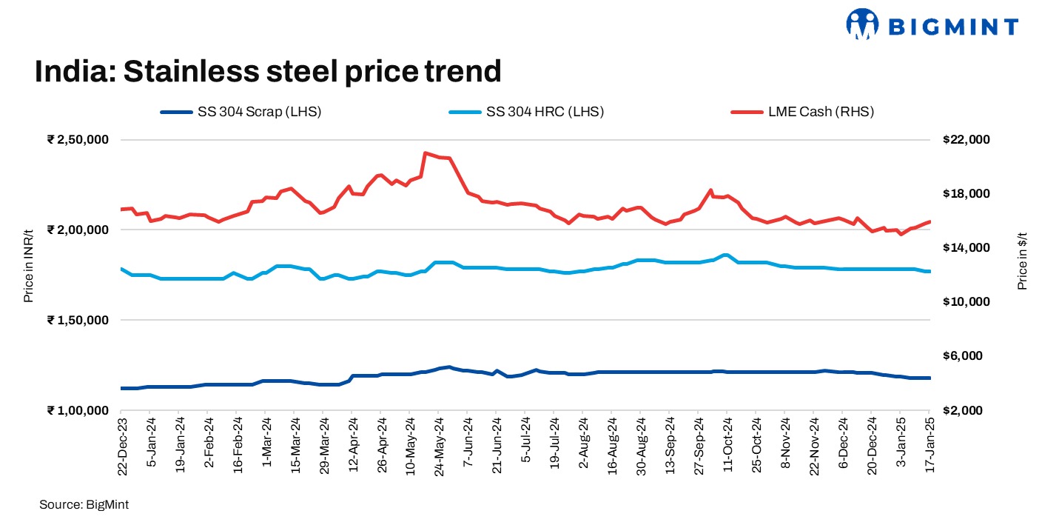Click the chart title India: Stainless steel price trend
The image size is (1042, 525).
click(268, 72)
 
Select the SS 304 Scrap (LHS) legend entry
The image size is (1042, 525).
click(241, 112)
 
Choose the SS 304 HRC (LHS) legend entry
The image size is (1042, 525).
click(526, 112)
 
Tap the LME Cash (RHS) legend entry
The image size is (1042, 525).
click(803, 112)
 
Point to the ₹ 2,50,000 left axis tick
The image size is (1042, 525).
click(78, 140)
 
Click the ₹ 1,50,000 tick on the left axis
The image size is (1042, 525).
click(78, 320)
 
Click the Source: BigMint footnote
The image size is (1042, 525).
click(84, 504)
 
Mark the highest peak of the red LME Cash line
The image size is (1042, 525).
click(425, 153)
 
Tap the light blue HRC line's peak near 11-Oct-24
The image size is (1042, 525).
click(725, 255)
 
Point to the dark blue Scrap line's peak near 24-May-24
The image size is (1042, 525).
click(448, 367)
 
